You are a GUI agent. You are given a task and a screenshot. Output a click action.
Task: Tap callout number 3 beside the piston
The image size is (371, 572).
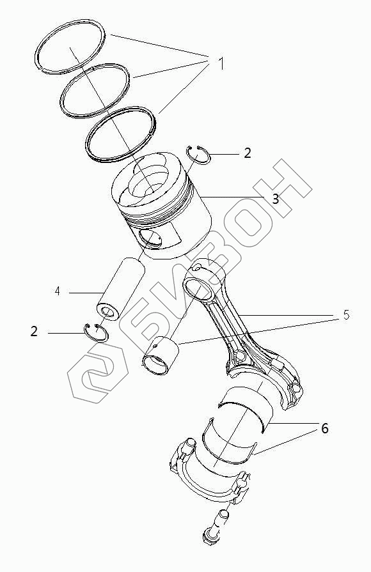click(275, 199)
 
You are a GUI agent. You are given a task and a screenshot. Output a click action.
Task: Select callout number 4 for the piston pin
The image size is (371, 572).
click(58, 291)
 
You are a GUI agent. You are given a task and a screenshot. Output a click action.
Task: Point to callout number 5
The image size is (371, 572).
click(346, 315)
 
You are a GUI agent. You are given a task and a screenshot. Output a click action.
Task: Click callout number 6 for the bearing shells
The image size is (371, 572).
click(325, 428)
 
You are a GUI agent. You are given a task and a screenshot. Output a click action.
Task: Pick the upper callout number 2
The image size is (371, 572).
click(248, 153)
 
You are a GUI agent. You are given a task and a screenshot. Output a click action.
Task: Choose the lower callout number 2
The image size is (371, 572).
click(34, 332)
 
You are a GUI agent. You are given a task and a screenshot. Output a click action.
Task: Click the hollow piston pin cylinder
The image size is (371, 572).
click(120, 288)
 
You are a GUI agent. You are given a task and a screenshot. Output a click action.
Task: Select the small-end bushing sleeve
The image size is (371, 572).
click(161, 356)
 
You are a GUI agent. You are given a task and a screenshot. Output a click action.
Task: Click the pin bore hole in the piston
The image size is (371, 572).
click(150, 239)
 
